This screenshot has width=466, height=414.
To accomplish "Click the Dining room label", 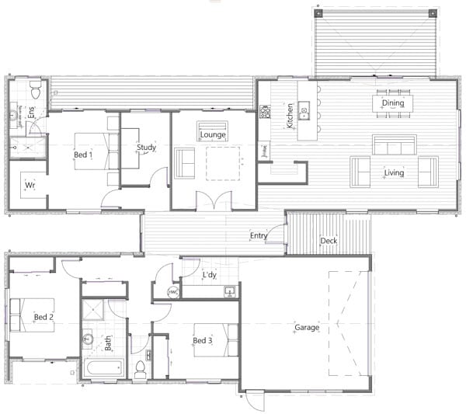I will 393,103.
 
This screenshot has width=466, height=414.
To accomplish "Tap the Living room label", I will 394,172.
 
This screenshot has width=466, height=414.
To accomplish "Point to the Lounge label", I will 213,134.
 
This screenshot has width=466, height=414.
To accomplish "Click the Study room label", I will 146,147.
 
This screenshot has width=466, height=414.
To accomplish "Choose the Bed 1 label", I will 82,155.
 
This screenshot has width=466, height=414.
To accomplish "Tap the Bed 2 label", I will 43,317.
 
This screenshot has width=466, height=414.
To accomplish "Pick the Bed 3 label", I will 201,340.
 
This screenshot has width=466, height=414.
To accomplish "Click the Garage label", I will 307,328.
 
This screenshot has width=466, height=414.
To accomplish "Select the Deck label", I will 329,241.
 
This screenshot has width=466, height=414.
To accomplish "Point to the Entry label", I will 259,236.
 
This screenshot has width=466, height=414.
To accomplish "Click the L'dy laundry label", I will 210,275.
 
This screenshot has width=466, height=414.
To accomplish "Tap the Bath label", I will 108,341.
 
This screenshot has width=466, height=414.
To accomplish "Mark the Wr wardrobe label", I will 30,186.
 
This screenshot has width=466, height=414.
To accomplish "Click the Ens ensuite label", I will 32,113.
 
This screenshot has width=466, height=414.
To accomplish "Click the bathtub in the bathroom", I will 101,368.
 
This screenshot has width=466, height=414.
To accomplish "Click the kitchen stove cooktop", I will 264,112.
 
